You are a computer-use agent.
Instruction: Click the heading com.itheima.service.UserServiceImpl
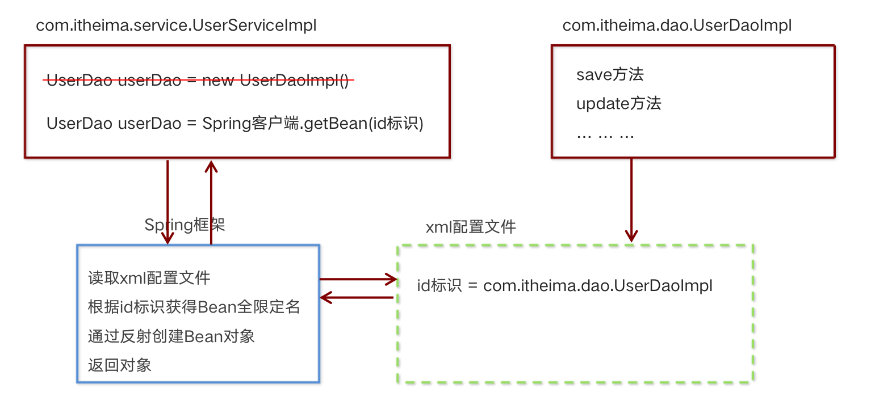click(176, 26)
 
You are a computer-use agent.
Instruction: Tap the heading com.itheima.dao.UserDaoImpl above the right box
click(677, 26)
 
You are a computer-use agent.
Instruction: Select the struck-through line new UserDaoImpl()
click(198, 81)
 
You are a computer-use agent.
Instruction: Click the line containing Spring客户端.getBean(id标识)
click(235, 123)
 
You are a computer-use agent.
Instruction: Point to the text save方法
click(610, 74)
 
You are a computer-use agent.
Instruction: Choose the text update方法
click(619, 104)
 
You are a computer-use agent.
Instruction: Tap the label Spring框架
click(185, 225)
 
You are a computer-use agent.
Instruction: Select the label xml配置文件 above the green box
click(471, 227)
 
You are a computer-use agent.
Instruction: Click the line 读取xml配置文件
click(149, 278)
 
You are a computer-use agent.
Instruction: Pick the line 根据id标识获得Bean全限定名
click(194, 307)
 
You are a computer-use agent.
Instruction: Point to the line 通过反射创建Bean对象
click(171, 336)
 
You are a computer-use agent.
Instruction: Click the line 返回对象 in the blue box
click(120, 365)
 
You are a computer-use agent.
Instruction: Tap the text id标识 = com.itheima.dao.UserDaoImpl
click(565, 286)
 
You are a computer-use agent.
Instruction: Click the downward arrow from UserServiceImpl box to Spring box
click(168, 202)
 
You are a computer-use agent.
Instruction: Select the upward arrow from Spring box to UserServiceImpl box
click(211, 202)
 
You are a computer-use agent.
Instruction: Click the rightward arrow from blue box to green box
click(358, 279)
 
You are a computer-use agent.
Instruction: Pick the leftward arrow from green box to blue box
click(357, 297)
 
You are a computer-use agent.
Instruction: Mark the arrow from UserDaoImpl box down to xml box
click(631, 200)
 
